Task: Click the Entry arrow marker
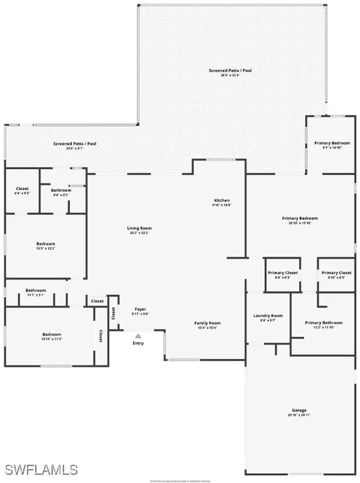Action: pos(138,336)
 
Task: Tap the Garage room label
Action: pos(299,410)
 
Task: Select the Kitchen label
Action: pos(222,200)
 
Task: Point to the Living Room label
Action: pos(139,228)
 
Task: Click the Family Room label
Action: pos(208,323)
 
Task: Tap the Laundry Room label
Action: pos(268,316)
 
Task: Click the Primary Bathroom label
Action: pos(324,323)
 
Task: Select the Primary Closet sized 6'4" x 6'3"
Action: pos(283,273)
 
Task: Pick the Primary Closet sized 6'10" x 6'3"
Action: pos(336,273)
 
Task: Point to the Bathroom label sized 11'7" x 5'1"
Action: pos(36,290)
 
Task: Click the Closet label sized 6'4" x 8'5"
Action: pos(22,189)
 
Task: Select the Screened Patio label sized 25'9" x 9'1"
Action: pos(75,143)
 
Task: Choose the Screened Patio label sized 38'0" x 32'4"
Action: pos(230,70)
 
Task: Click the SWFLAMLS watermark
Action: pos(41,469)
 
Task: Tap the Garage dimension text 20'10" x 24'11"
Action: pos(299,415)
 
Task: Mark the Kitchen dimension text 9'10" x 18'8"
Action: pos(222,205)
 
